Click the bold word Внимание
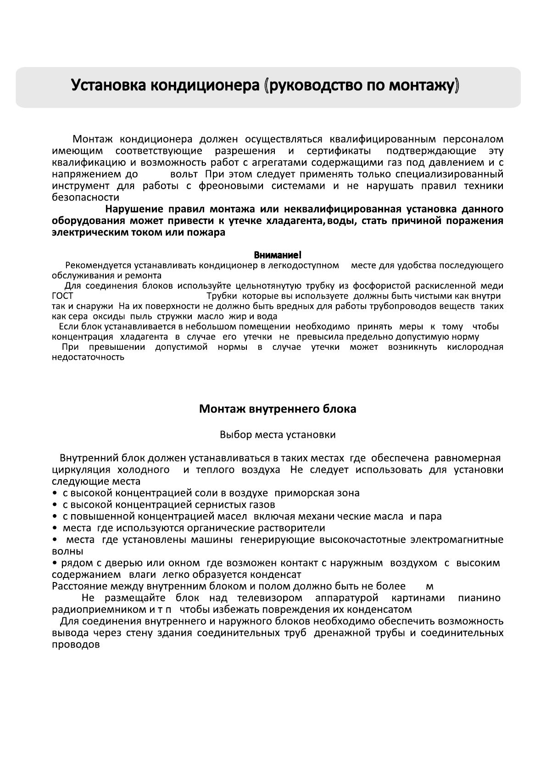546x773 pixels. (x=277, y=255)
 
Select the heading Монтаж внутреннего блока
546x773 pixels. (x=277, y=409)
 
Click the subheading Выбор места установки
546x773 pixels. (x=278, y=434)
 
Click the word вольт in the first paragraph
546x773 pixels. (x=184, y=174)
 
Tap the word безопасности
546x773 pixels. (x=85, y=198)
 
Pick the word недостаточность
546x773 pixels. (x=88, y=357)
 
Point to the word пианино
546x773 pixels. (x=479, y=598)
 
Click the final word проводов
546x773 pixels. (x=76, y=645)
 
